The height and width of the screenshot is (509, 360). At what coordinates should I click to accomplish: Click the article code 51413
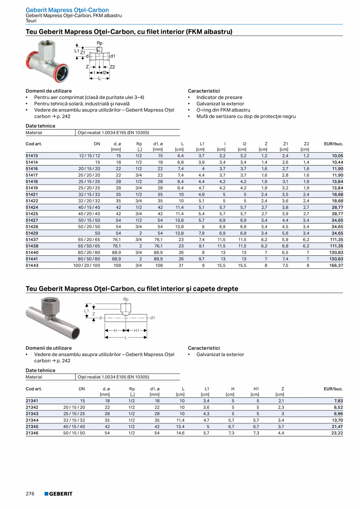tap(32, 156)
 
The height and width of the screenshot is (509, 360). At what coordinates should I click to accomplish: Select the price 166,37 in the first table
tap(336, 265)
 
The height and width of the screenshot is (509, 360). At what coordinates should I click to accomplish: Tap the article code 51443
tap(32, 265)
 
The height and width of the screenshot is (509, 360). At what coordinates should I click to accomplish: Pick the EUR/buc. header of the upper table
tap(333, 144)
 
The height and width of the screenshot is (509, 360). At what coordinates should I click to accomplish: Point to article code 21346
tap(32, 433)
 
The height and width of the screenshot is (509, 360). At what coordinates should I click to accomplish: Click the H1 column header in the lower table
tap(256, 389)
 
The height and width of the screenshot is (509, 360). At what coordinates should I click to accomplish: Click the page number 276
tap(30, 494)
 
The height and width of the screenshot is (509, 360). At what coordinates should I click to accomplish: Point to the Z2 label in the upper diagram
tap(112, 67)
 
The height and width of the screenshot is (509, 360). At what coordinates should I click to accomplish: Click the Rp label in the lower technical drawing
tap(126, 299)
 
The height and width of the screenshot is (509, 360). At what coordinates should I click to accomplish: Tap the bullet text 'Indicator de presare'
tap(219, 97)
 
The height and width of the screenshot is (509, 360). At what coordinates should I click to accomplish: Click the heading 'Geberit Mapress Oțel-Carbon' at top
tap(67, 10)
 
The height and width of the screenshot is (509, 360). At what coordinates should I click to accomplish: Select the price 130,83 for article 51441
tap(336, 259)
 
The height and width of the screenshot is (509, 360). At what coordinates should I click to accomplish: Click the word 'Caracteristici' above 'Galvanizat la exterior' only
tap(204, 348)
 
